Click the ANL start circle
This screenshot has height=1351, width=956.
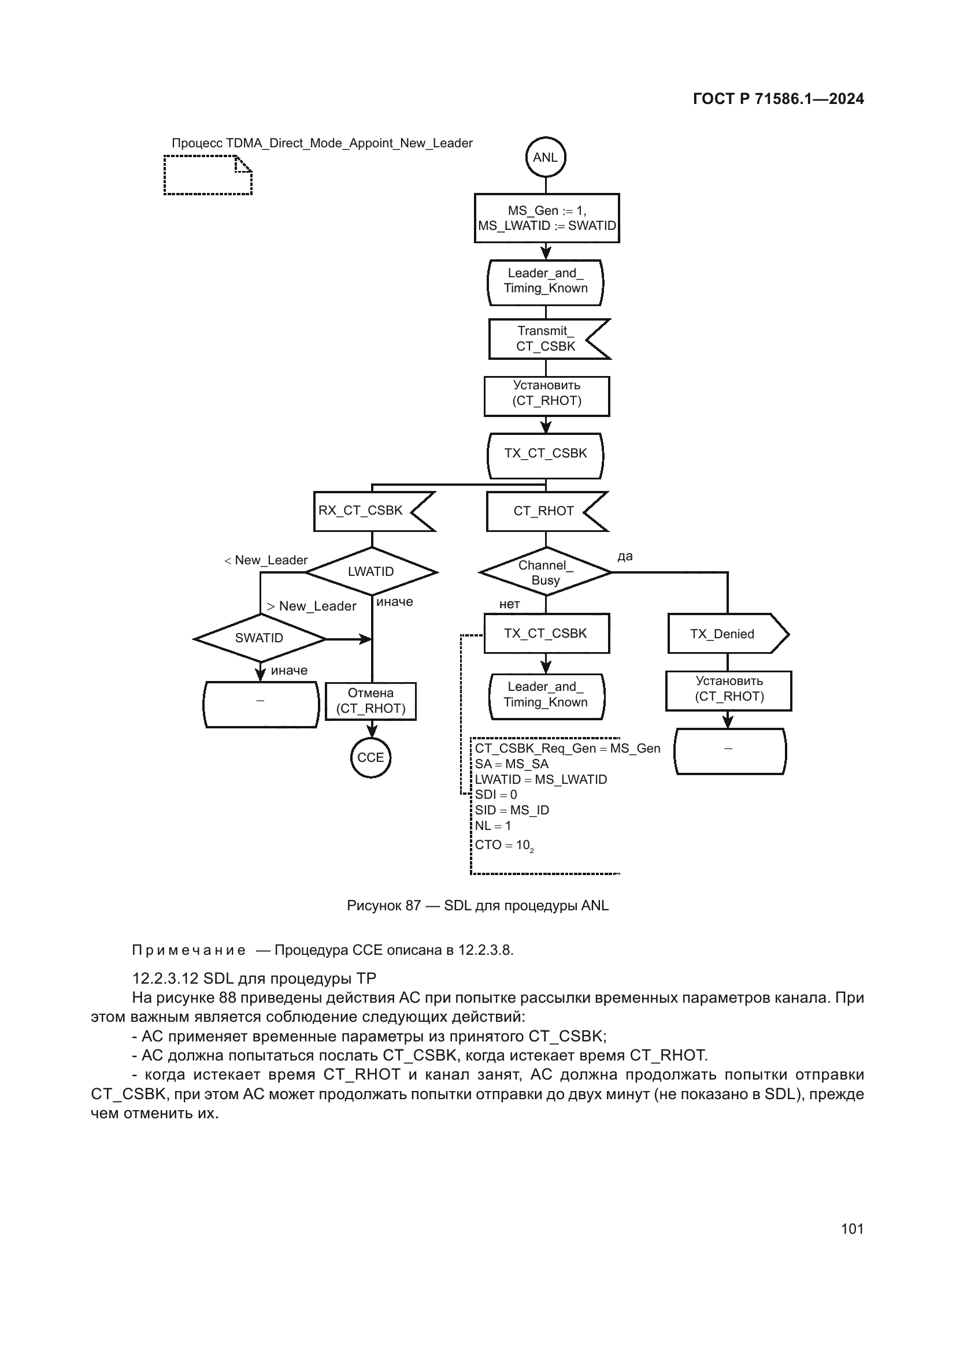point(545,157)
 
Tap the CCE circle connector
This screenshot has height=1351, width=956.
point(370,757)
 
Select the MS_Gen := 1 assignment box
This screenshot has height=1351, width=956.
point(546,218)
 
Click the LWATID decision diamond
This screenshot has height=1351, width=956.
point(371,571)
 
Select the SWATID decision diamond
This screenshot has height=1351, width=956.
point(259,638)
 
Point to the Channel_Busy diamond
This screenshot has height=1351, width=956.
point(545,572)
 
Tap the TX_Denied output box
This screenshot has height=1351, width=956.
point(724,634)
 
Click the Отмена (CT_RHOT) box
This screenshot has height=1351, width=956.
point(370,701)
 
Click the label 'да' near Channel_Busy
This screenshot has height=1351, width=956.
point(625,556)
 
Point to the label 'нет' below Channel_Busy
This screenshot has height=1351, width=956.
point(509,604)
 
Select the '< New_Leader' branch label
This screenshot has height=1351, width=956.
point(266,560)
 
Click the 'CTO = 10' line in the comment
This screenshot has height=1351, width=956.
point(504,845)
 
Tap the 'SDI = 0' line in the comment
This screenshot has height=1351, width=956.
point(496,794)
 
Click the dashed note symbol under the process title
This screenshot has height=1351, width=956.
point(208,175)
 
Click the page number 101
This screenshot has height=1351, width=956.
point(852,1229)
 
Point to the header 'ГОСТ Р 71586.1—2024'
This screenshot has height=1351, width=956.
point(777,99)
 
